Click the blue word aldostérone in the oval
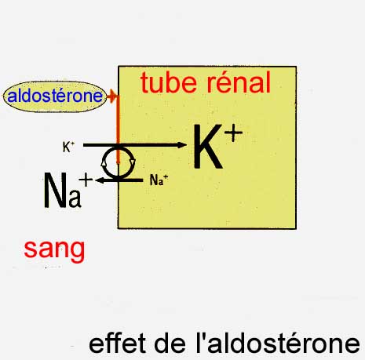(x=55, y=96)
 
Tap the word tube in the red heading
(x=169, y=82)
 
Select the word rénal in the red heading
(x=239, y=82)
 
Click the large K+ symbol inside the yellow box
(x=218, y=147)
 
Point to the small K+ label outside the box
(x=68, y=147)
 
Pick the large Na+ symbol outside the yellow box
(x=68, y=191)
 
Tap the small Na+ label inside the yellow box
(x=159, y=180)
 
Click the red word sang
(x=54, y=249)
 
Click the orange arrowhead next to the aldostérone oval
(x=111, y=96)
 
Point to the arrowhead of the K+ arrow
(x=182, y=145)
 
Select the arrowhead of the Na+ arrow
(x=100, y=180)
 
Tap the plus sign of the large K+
(x=233, y=133)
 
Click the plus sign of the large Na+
(x=86, y=180)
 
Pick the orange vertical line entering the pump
(x=118, y=129)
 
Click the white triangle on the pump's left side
(x=104, y=163)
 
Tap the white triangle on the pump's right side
(x=133, y=162)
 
